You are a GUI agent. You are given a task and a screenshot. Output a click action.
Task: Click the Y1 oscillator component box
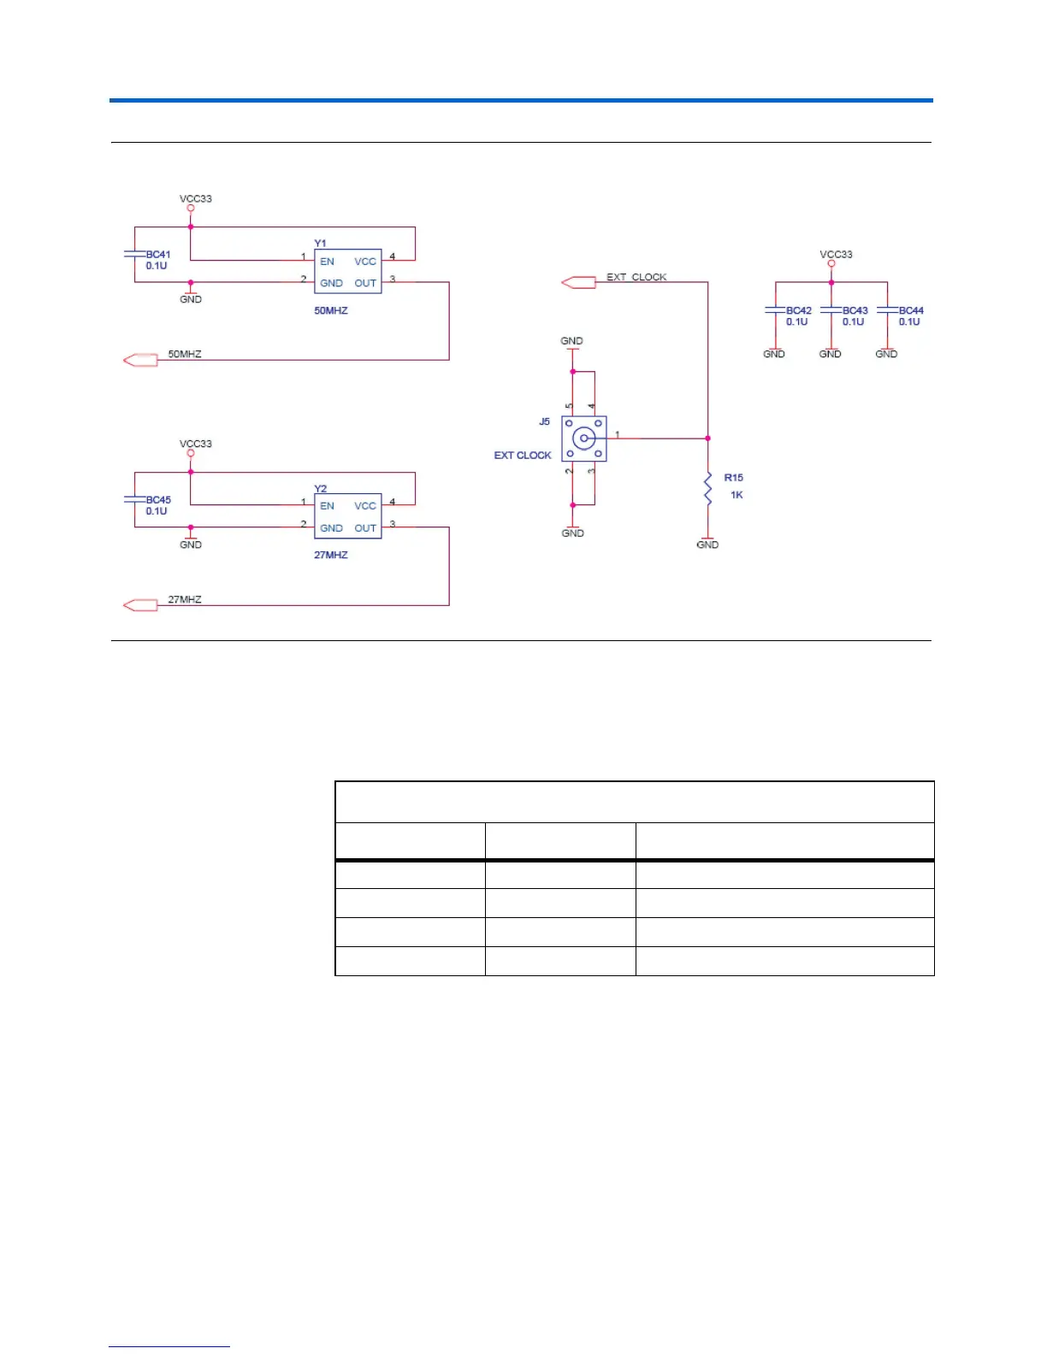coord(347,272)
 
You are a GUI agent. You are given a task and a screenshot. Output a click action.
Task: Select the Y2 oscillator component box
coord(347,516)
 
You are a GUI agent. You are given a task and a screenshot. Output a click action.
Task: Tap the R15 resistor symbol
coord(707,488)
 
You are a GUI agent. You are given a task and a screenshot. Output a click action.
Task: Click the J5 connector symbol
coord(583,439)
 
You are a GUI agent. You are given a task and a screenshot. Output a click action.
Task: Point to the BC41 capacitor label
coord(158,255)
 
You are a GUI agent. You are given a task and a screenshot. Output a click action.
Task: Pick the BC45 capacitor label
coord(158,500)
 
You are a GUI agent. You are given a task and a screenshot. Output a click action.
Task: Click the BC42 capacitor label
coord(799,311)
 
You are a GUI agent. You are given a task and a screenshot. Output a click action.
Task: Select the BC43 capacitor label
coord(855,311)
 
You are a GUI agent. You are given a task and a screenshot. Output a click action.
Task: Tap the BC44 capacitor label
coord(911,311)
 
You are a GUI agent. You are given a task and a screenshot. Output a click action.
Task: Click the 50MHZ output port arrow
coord(141,360)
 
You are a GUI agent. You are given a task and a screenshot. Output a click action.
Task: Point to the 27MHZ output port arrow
coord(141,605)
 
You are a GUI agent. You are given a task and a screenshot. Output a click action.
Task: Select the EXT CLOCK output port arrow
coord(578,282)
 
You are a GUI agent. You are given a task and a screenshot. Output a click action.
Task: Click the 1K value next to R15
coord(736,495)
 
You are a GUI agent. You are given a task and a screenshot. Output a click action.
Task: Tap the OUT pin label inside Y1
coord(365,283)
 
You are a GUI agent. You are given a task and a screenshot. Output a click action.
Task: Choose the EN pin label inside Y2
coord(327,506)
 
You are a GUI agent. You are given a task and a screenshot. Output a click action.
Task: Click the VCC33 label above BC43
coord(836,255)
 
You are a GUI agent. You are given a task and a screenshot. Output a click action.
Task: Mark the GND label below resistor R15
coord(707,545)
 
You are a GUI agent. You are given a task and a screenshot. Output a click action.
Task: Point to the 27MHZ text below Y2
coord(331,555)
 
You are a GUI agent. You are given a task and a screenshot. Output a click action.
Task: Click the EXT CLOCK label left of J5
coord(523,456)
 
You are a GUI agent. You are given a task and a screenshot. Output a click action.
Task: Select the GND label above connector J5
coord(571,341)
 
